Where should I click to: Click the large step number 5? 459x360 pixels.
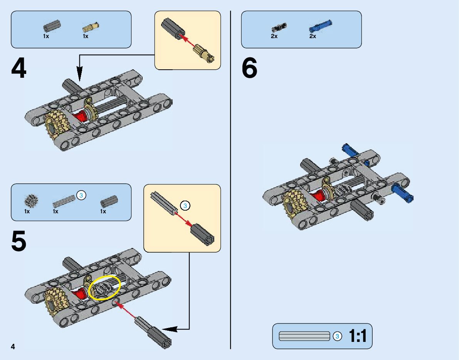(19, 241)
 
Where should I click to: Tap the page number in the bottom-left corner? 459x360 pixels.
(13, 346)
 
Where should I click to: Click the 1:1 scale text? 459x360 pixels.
(358, 336)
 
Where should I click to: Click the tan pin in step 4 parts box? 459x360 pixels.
(91, 27)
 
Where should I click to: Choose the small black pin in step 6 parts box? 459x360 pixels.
(279, 27)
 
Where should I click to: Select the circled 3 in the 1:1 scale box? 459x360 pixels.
(337, 336)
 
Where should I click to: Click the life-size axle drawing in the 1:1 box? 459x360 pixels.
(304, 336)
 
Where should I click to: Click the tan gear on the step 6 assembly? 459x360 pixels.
(293, 200)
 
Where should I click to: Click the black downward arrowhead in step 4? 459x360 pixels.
(79, 73)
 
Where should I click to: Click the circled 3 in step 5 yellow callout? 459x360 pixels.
(185, 206)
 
